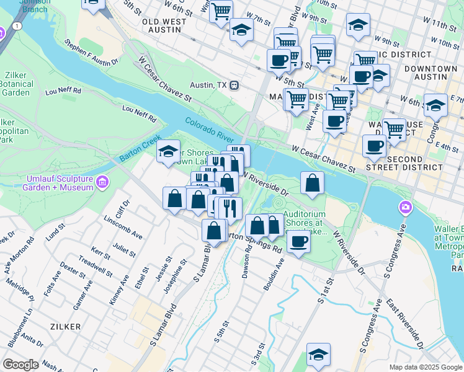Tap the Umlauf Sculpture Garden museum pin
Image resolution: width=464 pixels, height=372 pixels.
pyautogui.click(x=103, y=182)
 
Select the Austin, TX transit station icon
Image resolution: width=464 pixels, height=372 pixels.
pyautogui.click(x=234, y=85)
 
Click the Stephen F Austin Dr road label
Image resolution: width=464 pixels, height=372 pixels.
pyautogui.click(x=91, y=53)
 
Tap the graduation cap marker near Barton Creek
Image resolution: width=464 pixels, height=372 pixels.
pyautogui.click(x=168, y=151)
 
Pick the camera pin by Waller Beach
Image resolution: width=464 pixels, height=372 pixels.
pyautogui.click(x=406, y=206)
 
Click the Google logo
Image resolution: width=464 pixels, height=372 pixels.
pyautogui.click(x=20, y=365)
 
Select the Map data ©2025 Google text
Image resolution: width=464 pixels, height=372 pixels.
pyautogui.click(x=425, y=367)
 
